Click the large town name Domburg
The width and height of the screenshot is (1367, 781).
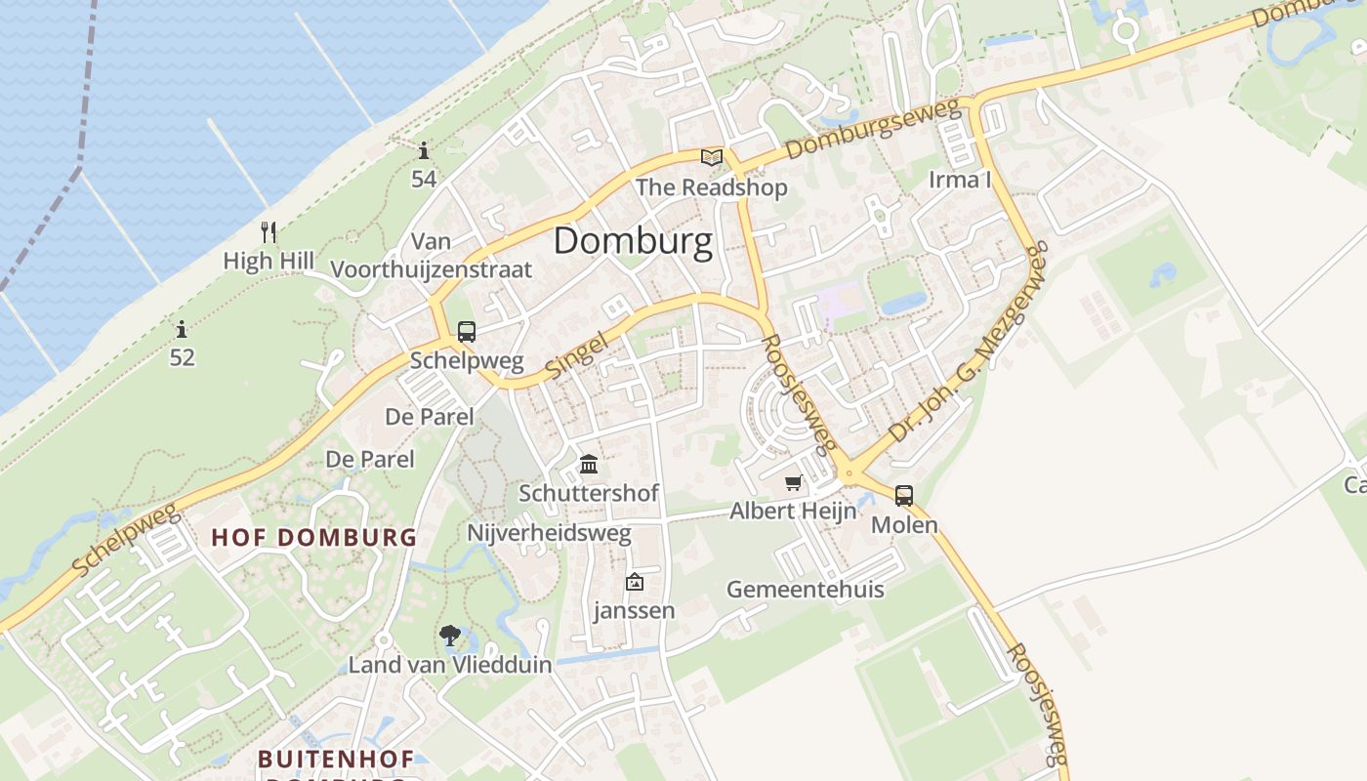tap(633, 241)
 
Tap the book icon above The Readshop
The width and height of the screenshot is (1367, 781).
tap(712, 157)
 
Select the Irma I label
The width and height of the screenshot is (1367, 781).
tap(960, 180)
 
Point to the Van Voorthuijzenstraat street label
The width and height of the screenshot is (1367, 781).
tap(432, 255)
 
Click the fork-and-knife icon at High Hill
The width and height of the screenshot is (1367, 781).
tap(269, 232)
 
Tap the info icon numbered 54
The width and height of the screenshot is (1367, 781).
tap(424, 151)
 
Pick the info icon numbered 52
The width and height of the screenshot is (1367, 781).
tap(182, 330)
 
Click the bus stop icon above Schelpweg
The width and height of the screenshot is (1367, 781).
tap(467, 332)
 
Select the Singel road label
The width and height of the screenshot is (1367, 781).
tap(576, 352)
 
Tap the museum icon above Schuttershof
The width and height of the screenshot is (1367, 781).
tap(589, 465)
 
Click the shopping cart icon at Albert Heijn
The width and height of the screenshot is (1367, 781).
tap(794, 483)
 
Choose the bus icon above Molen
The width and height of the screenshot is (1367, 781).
tap(904, 496)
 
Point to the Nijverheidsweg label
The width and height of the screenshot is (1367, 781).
tap(549, 534)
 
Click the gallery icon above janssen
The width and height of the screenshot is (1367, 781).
tap(635, 583)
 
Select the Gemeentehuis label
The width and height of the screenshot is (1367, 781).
tap(806, 589)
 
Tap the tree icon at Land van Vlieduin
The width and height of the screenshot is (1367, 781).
tap(450, 637)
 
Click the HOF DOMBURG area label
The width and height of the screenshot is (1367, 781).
tap(314, 537)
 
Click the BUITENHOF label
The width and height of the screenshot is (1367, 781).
tap(336, 759)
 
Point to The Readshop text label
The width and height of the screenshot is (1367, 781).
tap(711, 187)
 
